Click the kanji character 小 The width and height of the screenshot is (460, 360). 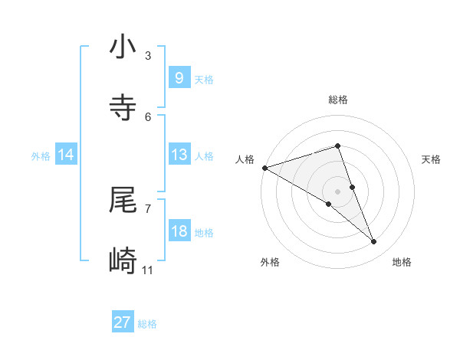(123, 47)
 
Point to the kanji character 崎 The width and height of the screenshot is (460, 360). (123, 261)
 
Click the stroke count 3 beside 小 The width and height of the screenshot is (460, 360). (148, 55)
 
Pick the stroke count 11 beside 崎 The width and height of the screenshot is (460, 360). (148, 270)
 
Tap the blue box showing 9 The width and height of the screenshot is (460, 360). (179, 78)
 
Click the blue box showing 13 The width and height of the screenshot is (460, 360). (179, 155)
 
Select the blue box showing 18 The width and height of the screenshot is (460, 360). (179, 231)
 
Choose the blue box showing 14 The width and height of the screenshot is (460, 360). (66, 155)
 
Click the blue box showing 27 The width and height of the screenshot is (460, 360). (123, 322)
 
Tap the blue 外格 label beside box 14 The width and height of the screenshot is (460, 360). (41, 155)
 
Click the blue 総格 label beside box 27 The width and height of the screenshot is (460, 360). (147, 324)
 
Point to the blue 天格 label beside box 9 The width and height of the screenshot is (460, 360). (204, 79)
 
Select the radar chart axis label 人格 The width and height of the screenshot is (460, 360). (245, 159)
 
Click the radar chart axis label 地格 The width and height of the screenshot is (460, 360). (402, 262)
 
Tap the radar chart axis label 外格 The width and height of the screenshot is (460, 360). (270, 262)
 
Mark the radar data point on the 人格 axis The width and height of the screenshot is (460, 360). (264, 167)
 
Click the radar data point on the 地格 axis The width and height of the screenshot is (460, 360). (374, 241)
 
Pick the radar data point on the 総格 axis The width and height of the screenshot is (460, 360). (337, 146)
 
